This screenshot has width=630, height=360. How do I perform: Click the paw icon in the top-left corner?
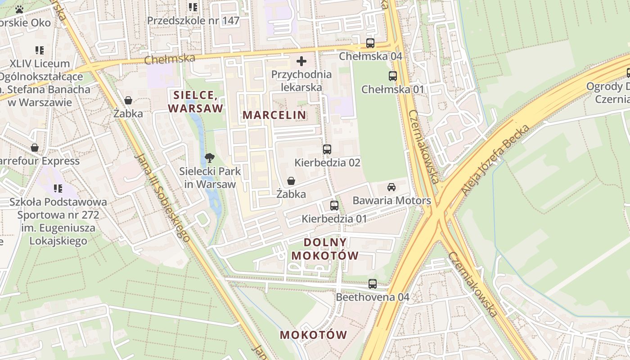[x=19, y=9]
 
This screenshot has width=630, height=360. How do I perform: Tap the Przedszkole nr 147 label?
[x=193, y=21]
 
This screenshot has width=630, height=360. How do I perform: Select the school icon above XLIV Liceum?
[x=40, y=50]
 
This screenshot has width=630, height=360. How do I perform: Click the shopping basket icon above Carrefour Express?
[x=35, y=148]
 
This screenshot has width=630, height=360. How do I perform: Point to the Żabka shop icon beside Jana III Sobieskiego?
[x=128, y=100]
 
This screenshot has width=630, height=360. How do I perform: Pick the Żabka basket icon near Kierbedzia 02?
[x=291, y=181]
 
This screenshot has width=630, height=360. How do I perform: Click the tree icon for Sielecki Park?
[x=209, y=157]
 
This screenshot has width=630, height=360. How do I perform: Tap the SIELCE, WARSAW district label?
[x=196, y=102]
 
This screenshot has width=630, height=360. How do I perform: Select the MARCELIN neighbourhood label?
[x=274, y=115]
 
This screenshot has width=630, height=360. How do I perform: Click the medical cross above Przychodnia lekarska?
[x=301, y=61]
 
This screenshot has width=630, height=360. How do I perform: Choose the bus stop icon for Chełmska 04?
[x=370, y=43]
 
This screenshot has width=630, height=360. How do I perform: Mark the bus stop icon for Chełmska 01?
[x=393, y=76]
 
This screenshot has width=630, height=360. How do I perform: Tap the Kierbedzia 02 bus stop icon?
[x=327, y=149]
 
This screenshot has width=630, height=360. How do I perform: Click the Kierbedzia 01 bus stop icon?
[x=334, y=206]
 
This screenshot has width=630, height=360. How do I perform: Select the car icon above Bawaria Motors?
[x=391, y=187]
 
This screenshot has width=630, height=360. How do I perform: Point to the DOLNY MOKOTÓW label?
[x=325, y=249]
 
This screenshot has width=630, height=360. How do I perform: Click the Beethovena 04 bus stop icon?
[x=373, y=284]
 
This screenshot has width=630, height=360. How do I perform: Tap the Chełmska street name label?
[x=170, y=58]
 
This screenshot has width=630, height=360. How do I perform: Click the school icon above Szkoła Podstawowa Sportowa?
[x=58, y=188]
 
